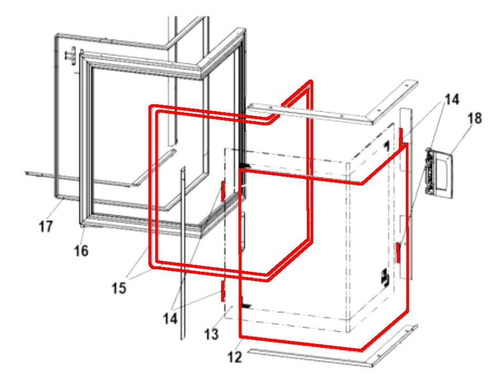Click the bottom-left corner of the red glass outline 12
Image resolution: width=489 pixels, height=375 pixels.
pos(240,337)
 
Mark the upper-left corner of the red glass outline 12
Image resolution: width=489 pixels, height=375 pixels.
pos(240,170)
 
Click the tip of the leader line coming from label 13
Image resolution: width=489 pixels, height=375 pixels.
pos(232,307)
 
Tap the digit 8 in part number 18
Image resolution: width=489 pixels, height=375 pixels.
pos(478,119)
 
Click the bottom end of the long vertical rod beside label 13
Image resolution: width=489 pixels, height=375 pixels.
pos(183,338)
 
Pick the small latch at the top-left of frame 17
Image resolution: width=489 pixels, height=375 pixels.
pos(72,56)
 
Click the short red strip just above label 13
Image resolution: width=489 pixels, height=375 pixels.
pos(223,291)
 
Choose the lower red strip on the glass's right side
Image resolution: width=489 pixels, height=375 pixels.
pos(398,252)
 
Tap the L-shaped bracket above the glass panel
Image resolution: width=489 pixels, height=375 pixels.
pos(333,103)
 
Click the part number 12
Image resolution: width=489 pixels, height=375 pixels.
pos(235,357)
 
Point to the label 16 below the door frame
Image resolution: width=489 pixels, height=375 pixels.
pos(81,251)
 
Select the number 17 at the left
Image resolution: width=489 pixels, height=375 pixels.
pos(46,226)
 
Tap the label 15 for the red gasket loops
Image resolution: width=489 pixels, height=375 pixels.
pos(119,288)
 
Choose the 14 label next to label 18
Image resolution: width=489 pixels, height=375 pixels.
pos(452,100)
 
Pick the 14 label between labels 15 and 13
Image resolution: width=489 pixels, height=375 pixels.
pos(170,319)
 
